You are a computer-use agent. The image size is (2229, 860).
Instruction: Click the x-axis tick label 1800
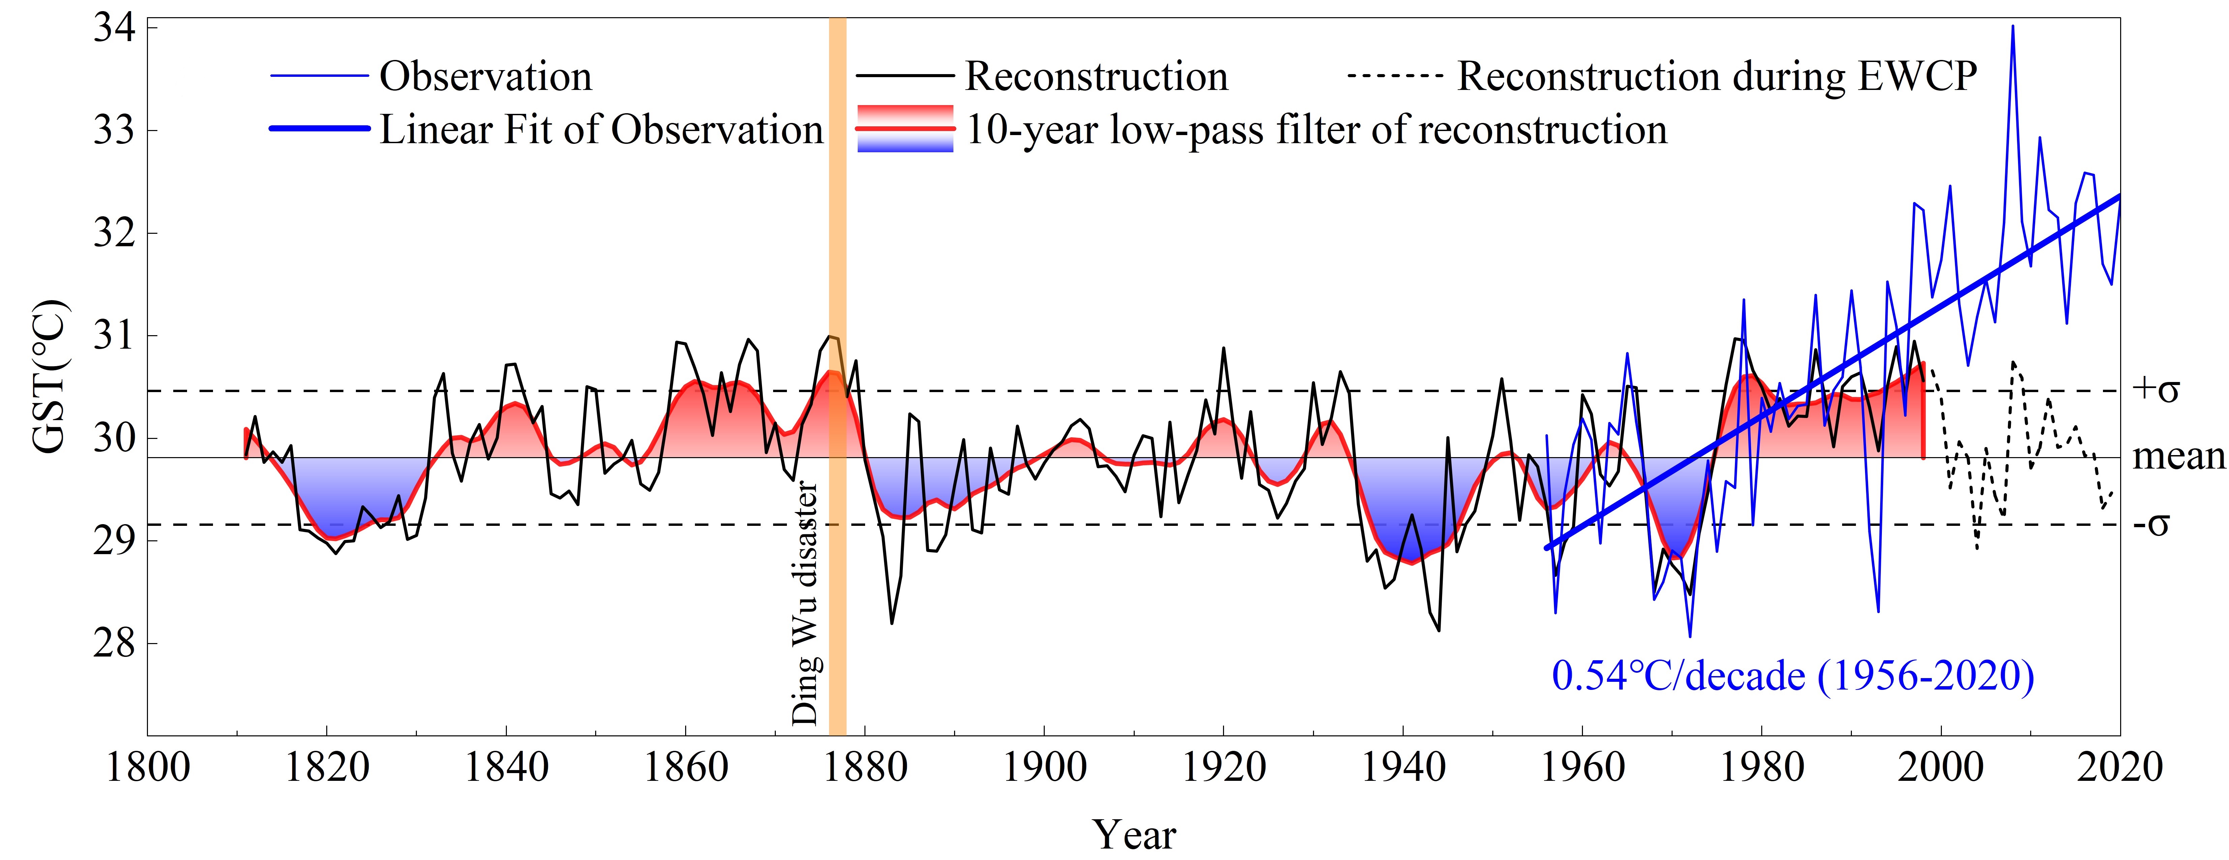pyautogui.click(x=148, y=767)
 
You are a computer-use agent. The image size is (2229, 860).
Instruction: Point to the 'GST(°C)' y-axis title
pyautogui.click(x=49, y=376)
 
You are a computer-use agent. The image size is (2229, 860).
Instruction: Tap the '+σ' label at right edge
pyautogui.click(x=2156, y=390)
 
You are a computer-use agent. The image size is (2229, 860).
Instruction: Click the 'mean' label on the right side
pyautogui.click(x=2177, y=456)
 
